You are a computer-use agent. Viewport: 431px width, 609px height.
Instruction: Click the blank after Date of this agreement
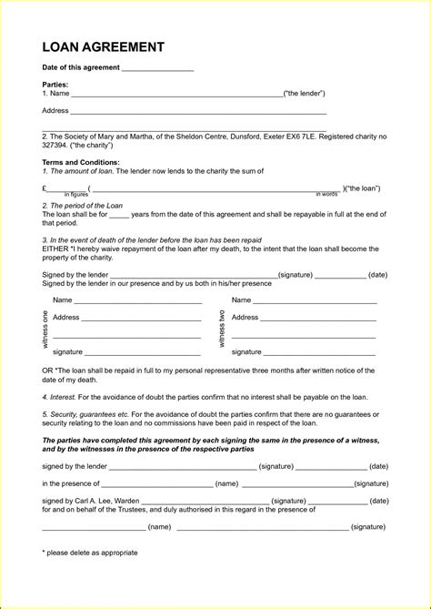157,69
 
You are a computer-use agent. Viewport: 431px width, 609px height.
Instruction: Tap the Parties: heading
56,84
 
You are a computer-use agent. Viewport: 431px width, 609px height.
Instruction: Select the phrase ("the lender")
304,94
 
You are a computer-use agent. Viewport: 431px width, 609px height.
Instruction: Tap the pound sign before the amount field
45,188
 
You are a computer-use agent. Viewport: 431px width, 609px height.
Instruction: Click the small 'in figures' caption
75,194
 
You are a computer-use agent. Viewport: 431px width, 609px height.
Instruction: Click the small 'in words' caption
326,194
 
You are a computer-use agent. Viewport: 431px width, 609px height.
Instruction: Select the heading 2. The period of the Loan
82,206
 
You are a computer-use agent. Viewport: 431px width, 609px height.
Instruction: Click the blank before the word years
119,214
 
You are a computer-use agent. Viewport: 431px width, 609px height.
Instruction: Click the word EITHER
55,249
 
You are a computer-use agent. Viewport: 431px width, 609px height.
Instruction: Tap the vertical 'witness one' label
45,328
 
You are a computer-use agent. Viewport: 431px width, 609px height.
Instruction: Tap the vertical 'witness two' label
222,328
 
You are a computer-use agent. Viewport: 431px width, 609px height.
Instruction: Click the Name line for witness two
315,300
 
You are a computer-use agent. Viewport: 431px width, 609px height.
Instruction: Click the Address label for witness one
66,318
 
